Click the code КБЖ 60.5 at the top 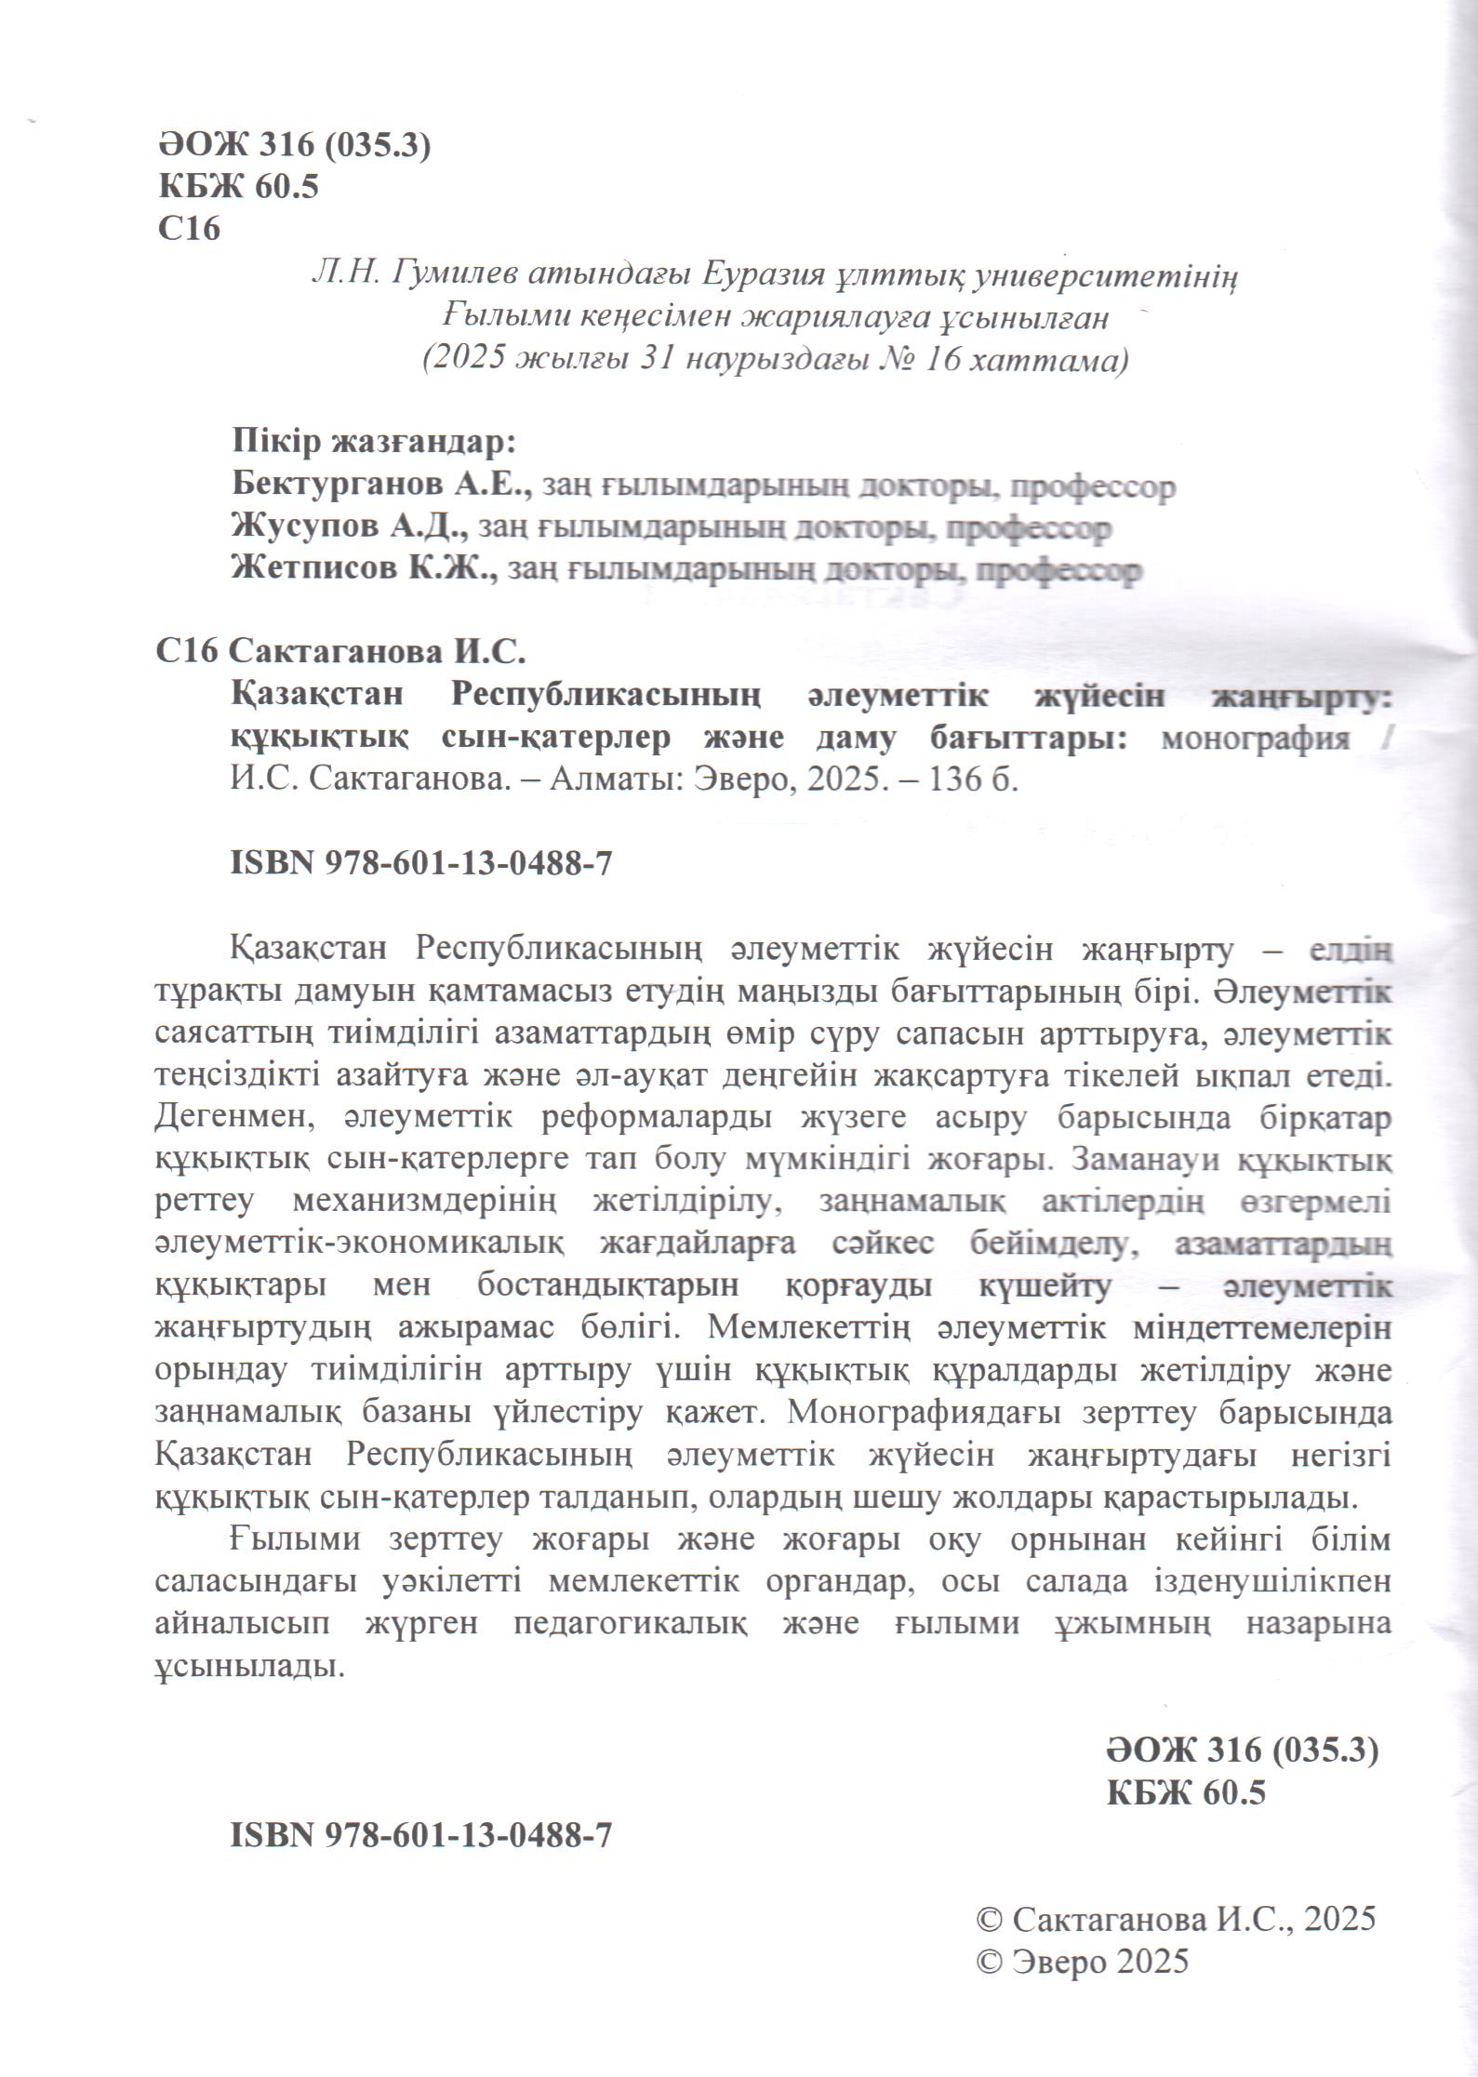coord(238,187)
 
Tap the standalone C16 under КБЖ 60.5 coord(189,229)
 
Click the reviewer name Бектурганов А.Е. coord(381,485)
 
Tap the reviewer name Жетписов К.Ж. coord(364,568)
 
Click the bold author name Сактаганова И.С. coord(377,652)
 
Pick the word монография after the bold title coord(1256,739)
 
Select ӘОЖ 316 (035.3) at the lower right coord(1241,1751)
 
